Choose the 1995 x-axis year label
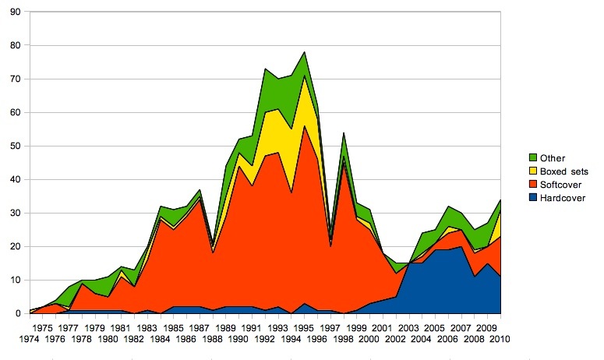[303, 328]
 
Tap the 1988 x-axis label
[213, 341]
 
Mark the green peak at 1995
[303, 52]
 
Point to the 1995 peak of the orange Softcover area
[303, 126]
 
